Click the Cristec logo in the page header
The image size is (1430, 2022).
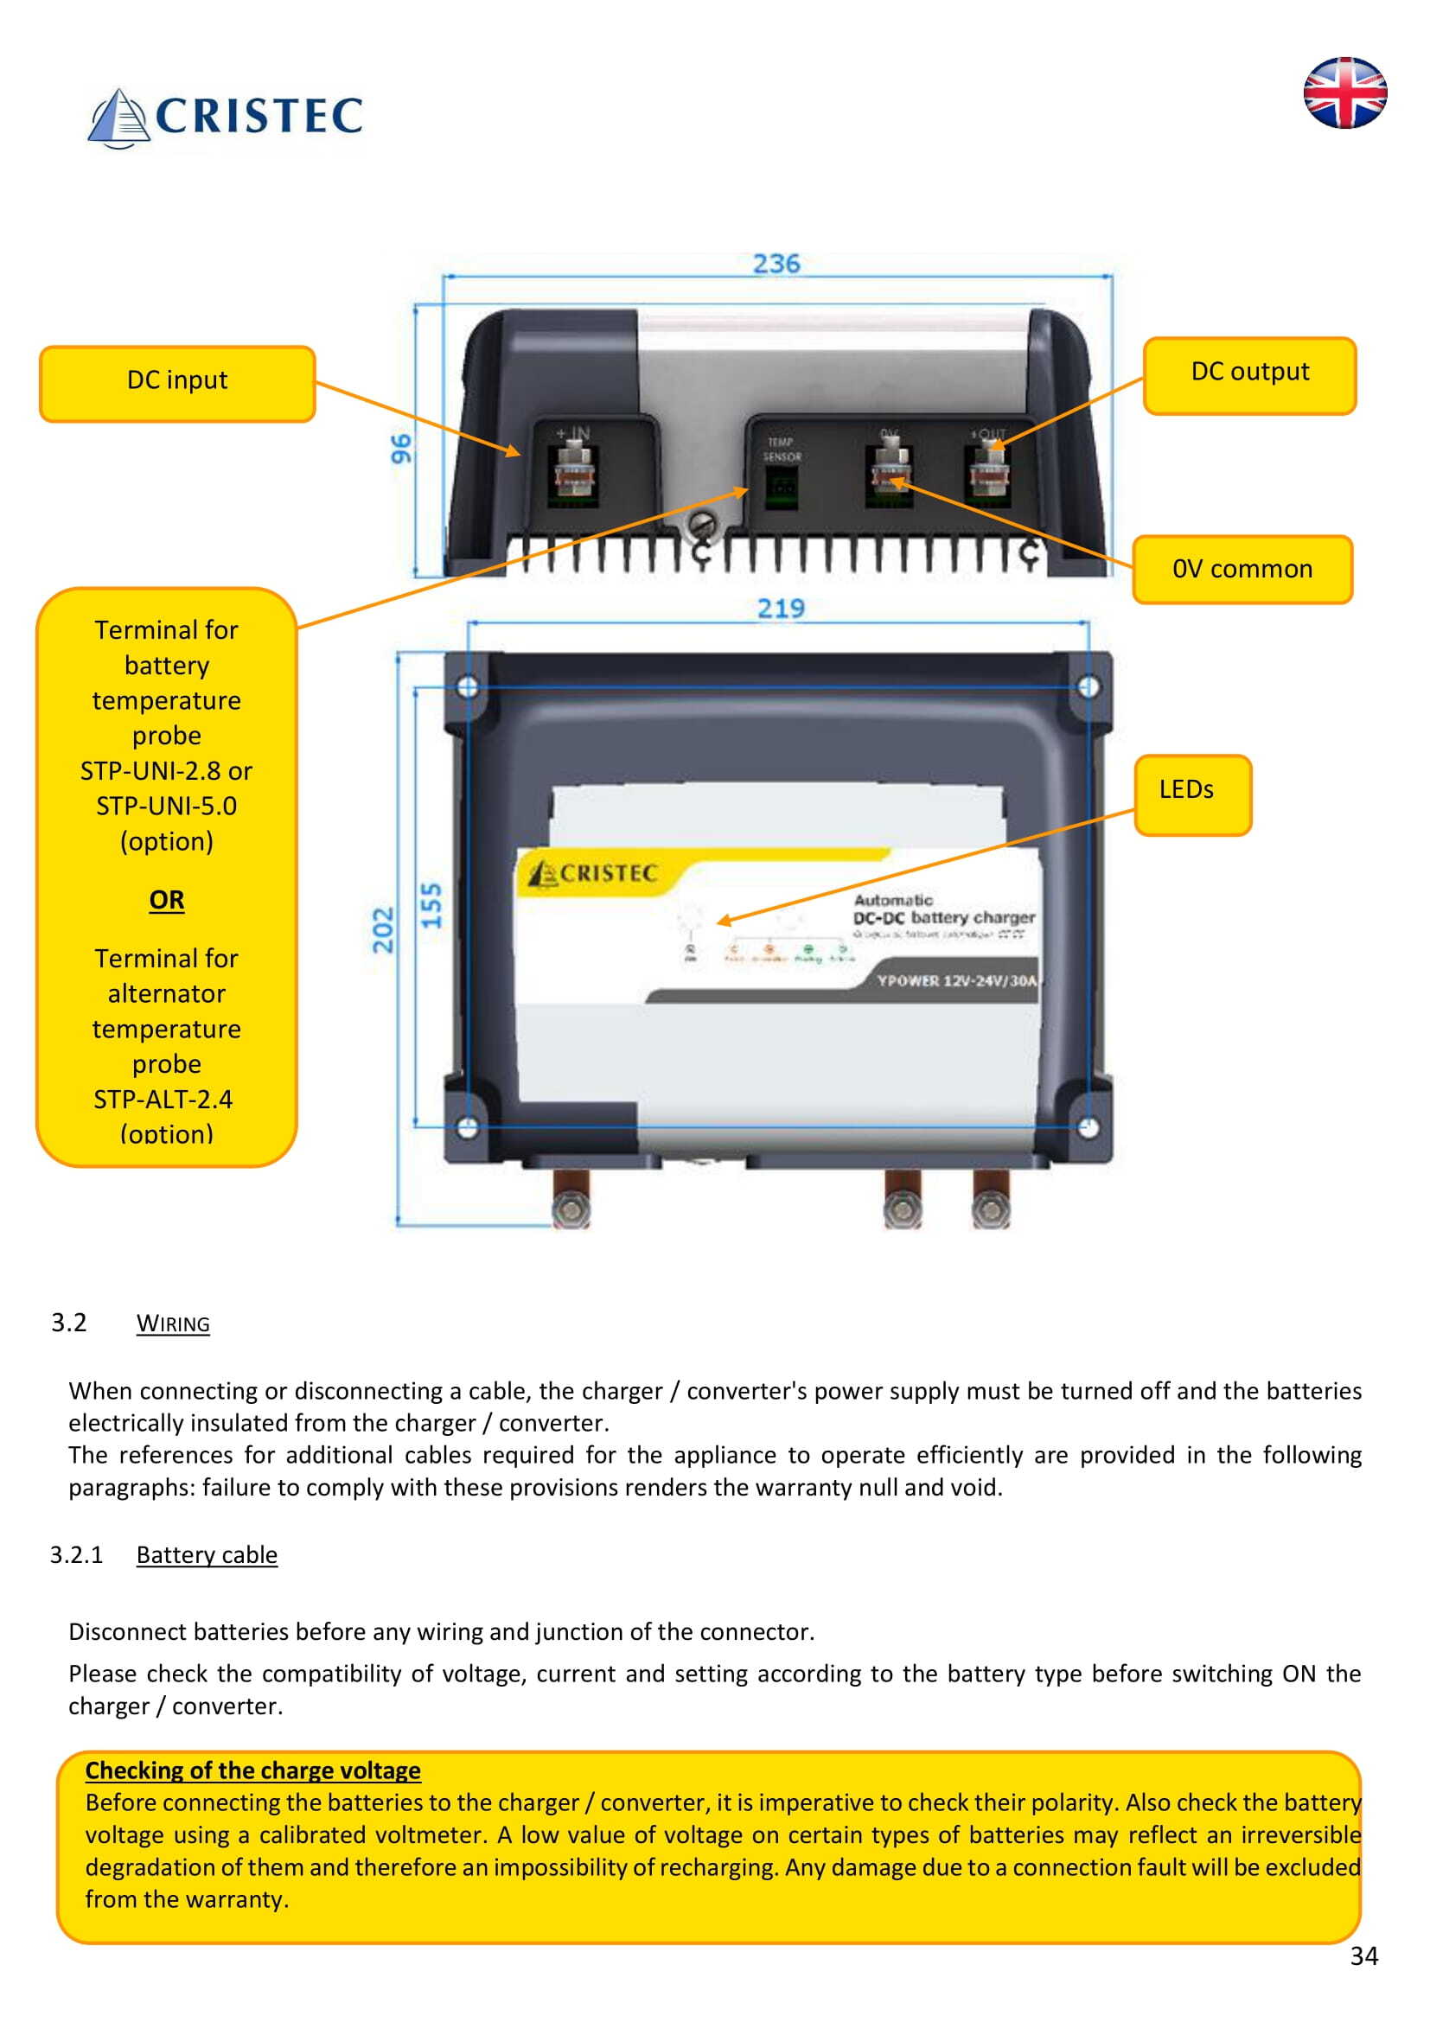tap(226, 117)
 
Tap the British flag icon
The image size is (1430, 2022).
tap(1344, 93)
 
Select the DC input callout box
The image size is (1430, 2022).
tap(177, 384)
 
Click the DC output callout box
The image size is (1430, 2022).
tap(1248, 375)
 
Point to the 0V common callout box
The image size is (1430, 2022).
tap(1242, 570)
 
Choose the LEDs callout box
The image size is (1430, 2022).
tap(1191, 794)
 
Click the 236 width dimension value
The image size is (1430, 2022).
tap(776, 264)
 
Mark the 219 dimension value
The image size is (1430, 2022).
tap(781, 609)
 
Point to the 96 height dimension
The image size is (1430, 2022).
tap(401, 449)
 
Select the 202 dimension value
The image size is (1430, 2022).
tap(382, 930)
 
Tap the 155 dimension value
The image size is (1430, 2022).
tap(431, 905)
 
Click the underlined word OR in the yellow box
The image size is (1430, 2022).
tap(166, 900)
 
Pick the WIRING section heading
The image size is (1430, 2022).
tap(173, 1324)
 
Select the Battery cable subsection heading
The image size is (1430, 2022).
tap(206, 1555)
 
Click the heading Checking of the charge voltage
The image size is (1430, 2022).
tap(252, 1770)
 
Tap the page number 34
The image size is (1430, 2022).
tap(1363, 1956)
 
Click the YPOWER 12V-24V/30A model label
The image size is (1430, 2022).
tap(956, 981)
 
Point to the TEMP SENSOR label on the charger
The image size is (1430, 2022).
tap(782, 450)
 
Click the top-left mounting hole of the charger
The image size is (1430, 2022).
tap(468, 687)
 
